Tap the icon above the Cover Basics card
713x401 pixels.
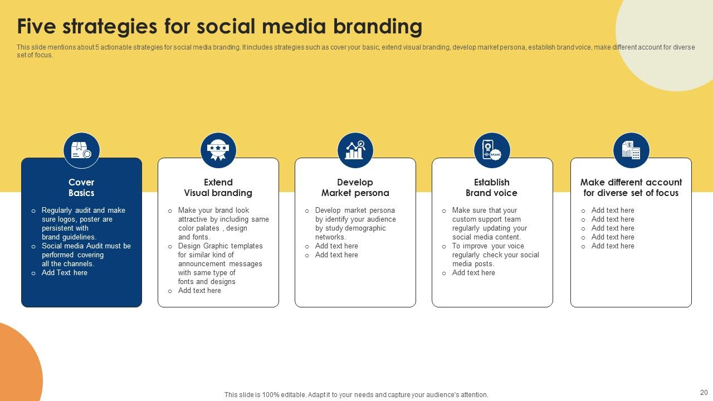(81, 150)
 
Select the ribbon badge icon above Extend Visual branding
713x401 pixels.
(218, 150)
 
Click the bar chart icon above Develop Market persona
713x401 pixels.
(355, 150)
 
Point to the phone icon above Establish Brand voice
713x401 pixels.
(492, 150)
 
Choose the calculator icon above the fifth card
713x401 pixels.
(631, 150)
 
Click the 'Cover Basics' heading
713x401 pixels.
(81, 188)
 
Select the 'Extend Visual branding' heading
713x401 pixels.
(218, 188)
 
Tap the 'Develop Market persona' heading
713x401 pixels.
(355, 188)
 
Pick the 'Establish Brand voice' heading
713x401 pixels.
(492, 188)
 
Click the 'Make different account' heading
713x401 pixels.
(631, 182)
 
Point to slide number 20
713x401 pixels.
(704, 393)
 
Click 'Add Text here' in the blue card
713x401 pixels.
(65, 273)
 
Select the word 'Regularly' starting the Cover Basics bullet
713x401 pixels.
(57, 211)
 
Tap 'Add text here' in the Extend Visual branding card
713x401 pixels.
(199, 291)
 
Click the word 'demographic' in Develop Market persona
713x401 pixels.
(365, 228)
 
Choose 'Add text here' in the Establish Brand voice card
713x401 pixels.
(473, 273)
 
